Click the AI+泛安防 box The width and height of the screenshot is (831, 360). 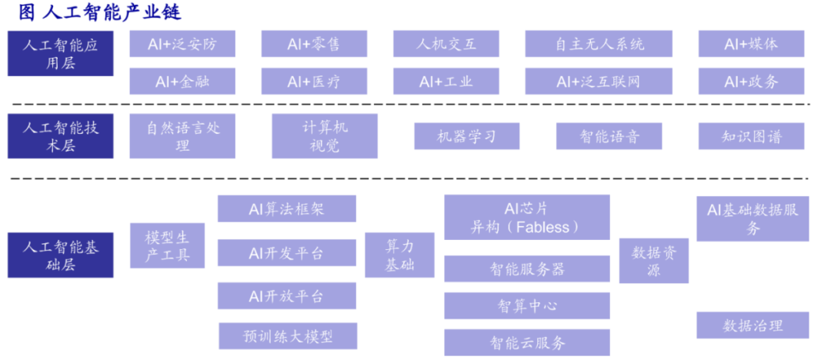(182, 44)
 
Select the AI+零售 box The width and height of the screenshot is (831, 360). (314, 44)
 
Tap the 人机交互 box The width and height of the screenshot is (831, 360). (446, 44)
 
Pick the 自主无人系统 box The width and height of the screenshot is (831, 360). (599, 44)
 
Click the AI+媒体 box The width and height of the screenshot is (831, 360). (751, 44)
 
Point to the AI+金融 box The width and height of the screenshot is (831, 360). (182, 81)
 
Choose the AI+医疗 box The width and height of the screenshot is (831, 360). (314, 81)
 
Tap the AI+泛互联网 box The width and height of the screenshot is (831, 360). (599, 81)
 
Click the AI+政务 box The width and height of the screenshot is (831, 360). (751, 81)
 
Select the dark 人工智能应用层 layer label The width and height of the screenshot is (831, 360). (61, 54)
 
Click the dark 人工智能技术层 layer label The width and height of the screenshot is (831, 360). (61, 135)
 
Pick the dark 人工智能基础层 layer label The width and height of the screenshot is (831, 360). (61, 255)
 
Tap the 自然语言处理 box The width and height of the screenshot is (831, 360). (182, 135)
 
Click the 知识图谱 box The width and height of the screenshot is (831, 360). (751, 136)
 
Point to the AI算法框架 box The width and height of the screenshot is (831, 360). (287, 208)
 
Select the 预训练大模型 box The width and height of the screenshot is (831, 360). (288, 336)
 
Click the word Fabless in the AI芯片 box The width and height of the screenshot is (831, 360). (542, 228)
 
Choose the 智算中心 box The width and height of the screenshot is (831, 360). (527, 306)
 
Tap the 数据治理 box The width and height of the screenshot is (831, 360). (753, 325)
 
